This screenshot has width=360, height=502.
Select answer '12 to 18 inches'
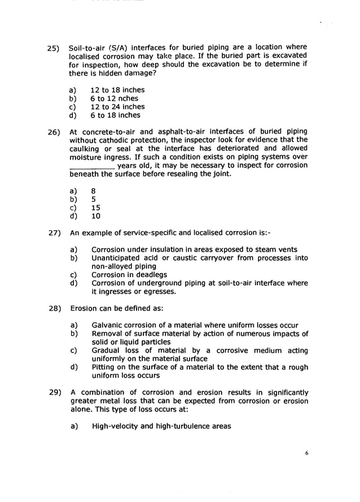point(117,90)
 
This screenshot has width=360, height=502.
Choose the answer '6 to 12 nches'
point(114,98)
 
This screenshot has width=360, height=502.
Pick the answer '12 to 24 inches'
point(117,107)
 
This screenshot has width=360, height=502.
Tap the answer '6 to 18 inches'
point(115,115)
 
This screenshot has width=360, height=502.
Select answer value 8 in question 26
point(94,191)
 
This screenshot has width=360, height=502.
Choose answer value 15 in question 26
point(96,207)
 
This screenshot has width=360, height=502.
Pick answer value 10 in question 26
point(96,215)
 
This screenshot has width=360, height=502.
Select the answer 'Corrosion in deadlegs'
point(129,275)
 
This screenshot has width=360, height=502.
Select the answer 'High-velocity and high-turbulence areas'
point(161,426)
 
